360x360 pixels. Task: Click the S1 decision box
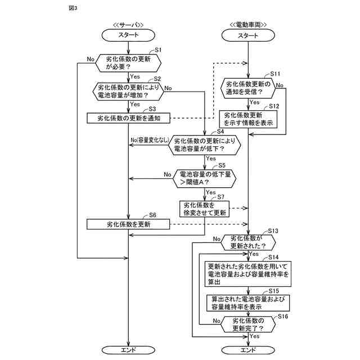click(129, 63)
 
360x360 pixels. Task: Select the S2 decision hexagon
click(129, 92)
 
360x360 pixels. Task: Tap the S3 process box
click(129, 118)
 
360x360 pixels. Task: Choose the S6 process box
click(129, 224)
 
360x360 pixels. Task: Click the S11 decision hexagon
click(248, 88)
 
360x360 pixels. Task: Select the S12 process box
click(248, 119)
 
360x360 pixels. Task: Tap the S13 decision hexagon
click(248, 242)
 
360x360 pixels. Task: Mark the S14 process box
click(248, 274)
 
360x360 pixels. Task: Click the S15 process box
click(248, 303)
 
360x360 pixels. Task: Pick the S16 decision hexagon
click(248, 324)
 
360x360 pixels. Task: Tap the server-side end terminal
click(129, 350)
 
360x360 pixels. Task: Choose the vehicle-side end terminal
click(248, 350)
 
